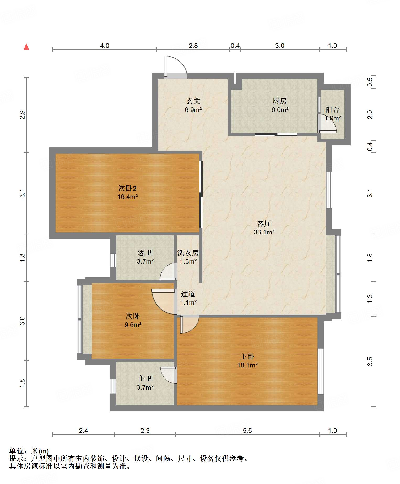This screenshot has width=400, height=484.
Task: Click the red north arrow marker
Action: (x=26, y=47)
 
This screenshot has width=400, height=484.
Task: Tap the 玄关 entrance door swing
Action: (x=175, y=67)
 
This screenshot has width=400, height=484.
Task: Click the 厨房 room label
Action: (x=279, y=101)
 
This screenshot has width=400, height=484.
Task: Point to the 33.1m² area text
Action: (x=264, y=232)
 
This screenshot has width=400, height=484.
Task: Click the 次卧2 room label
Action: (x=127, y=188)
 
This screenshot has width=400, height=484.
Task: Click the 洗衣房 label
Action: (x=188, y=253)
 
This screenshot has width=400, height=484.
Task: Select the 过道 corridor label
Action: (x=188, y=294)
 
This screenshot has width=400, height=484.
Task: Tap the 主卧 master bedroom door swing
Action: (x=189, y=324)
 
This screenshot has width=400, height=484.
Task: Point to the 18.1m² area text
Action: (x=247, y=365)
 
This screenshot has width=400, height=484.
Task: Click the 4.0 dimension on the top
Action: (x=105, y=46)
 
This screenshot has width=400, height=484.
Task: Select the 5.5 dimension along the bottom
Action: (x=247, y=431)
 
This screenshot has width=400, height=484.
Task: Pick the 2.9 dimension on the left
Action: (x=23, y=115)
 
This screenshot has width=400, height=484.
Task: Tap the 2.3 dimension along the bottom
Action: (x=145, y=431)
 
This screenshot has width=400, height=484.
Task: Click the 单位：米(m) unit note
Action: (x=29, y=451)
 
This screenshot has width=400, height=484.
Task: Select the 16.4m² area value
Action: (x=127, y=197)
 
